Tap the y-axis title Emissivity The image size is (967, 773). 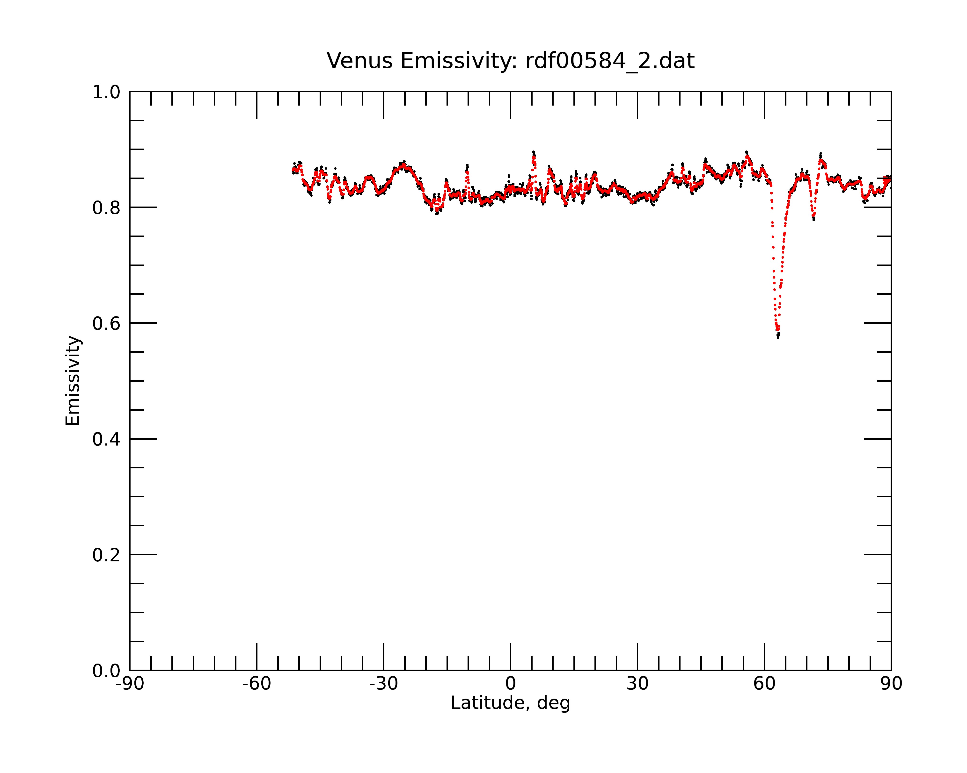73,380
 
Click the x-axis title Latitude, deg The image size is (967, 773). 510,703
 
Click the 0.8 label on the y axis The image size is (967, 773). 106,208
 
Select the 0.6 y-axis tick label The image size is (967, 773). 106,323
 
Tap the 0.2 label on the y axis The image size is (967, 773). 106,555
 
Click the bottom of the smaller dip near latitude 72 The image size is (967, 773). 813,219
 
